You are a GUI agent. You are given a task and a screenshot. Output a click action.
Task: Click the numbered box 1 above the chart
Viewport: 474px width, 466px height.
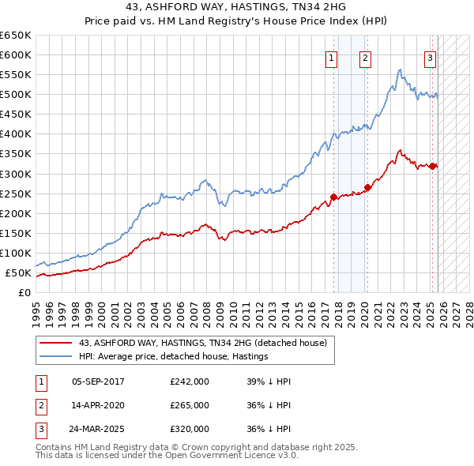coord(330,57)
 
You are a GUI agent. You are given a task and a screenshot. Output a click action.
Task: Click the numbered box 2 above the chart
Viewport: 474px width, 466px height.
coord(365,57)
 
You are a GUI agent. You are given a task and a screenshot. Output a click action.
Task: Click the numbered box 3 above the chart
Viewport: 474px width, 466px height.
coord(430,57)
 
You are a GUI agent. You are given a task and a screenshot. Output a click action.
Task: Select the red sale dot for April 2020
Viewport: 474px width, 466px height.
coord(367,187)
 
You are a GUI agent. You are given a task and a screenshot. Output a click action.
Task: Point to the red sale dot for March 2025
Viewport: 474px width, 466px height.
coord(433,165)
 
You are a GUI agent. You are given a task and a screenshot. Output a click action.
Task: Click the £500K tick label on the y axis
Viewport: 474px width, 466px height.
coord(16,95)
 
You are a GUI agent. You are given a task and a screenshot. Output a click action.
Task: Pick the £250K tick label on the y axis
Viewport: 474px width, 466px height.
coord(16,194)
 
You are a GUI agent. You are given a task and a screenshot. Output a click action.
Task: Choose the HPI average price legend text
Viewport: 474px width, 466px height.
coord(174,357)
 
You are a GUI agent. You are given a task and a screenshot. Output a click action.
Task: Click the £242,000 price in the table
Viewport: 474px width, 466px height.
coord(190,381)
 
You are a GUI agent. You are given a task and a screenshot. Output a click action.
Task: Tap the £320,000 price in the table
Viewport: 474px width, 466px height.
coord(190,429)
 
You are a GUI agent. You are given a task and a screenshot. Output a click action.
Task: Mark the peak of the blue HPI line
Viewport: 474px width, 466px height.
coord(401,70)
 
